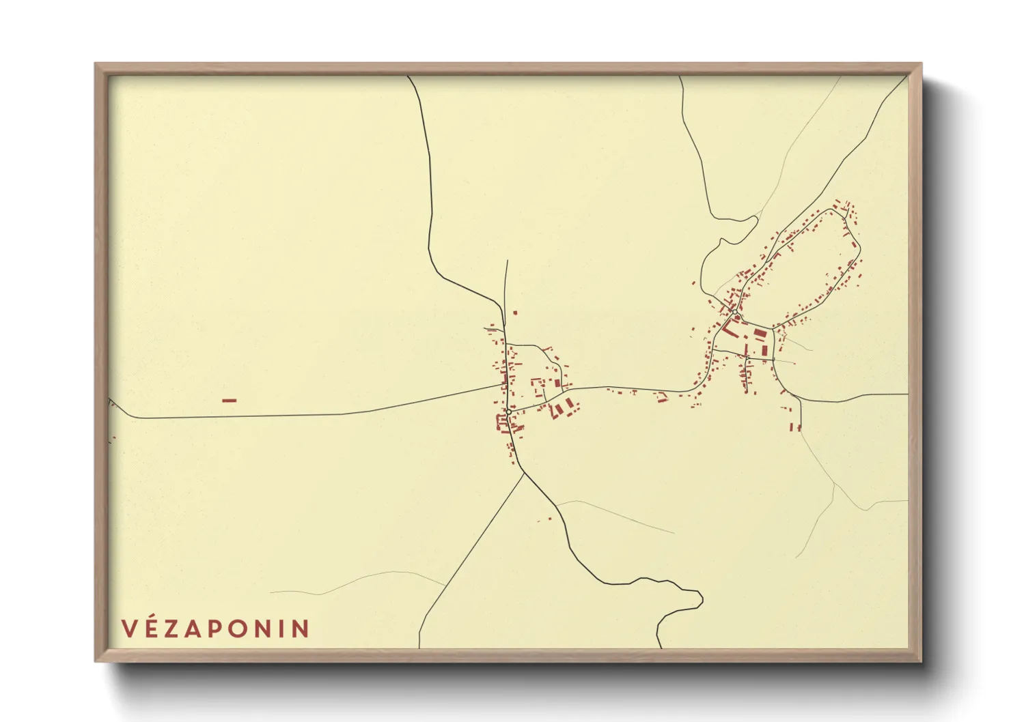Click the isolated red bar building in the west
tap(229, 401)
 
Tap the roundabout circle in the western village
tap(509, 411)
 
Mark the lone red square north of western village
tap(515, 313)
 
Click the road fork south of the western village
tap(524, 473)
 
